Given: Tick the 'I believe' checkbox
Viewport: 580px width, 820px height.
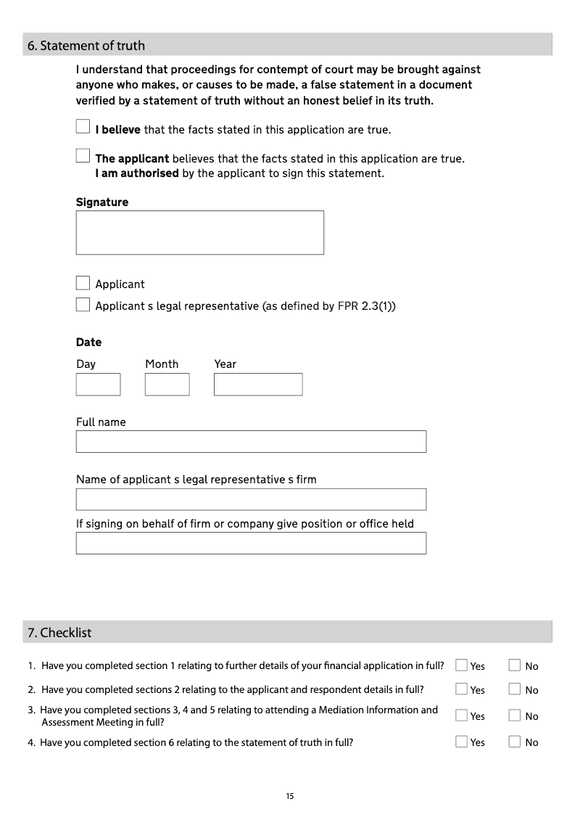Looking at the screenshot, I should point(83,127).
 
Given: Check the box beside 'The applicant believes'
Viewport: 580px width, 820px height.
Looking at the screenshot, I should point(83,156).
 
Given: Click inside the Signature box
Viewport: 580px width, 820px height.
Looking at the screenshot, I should point(199,232).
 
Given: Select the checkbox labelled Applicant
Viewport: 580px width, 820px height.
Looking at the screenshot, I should point(83,283).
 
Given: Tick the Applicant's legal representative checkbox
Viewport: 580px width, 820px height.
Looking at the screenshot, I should point(83,305).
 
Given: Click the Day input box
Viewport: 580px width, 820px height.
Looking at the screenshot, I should point(98,384).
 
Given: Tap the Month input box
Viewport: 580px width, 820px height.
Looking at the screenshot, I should point(167,384).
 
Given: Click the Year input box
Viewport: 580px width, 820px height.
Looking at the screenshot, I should point(257,384).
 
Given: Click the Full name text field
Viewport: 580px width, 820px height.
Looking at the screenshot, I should point(251,441).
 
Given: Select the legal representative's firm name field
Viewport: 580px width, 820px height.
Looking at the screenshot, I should point(251,499).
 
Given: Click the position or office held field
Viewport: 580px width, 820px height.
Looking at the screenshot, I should point(251,543).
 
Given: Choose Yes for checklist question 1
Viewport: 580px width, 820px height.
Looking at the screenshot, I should point(461,665).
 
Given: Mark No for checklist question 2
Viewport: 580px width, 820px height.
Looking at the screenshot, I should point(515,689).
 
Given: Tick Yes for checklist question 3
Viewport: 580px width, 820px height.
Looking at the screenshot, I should point(461,716).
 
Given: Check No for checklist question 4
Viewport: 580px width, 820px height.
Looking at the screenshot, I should point(515,742).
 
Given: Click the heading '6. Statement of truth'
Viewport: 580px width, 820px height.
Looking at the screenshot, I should point(86,46).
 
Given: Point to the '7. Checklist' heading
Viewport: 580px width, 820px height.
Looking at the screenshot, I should point(59,633).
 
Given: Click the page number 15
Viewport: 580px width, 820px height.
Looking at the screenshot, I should point(290,797).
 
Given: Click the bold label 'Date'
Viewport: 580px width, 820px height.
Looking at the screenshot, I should point(88,343).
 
